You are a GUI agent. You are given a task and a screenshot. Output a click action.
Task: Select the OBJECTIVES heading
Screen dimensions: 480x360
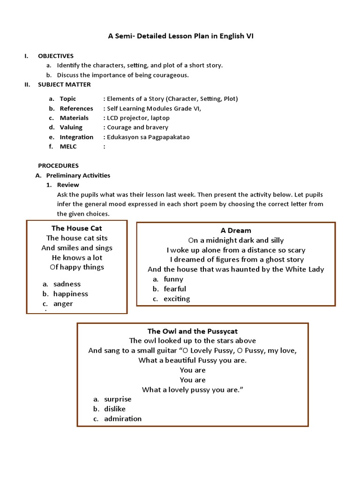(55, 56)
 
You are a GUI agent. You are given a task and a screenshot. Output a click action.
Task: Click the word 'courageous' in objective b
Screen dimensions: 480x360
(172, 75)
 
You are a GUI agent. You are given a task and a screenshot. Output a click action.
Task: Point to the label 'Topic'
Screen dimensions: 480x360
(67, 99)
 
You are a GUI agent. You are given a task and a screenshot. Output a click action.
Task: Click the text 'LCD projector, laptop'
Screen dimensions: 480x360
(138, 118)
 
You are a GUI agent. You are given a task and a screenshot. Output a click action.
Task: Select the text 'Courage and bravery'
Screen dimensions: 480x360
(137, 127)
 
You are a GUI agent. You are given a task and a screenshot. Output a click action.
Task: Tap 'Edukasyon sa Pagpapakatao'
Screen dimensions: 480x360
(148, 137)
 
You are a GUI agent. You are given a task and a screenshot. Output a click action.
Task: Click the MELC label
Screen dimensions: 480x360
(68, 147)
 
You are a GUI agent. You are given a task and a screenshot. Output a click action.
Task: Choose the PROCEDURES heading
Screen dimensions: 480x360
(58, 165)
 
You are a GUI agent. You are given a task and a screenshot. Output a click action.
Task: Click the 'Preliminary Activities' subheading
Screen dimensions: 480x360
(78, 175)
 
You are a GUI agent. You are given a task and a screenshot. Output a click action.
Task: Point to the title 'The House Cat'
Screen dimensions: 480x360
(76, 228)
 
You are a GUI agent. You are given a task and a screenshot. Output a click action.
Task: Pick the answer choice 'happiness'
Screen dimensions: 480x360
(70, 294)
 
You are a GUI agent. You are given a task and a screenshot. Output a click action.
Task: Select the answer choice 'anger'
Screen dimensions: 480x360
(63, 304)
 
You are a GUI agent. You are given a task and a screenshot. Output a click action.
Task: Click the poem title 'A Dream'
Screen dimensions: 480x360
(236, 230)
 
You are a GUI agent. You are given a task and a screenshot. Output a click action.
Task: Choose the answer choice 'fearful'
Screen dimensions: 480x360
(174, 289)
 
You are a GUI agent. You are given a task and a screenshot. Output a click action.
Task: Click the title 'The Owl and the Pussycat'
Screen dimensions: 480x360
(193, 331)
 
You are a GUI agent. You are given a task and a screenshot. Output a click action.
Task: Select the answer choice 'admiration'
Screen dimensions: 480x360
(122, 419)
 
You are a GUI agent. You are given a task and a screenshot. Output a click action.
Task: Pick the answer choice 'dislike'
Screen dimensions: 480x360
(114, 409)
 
